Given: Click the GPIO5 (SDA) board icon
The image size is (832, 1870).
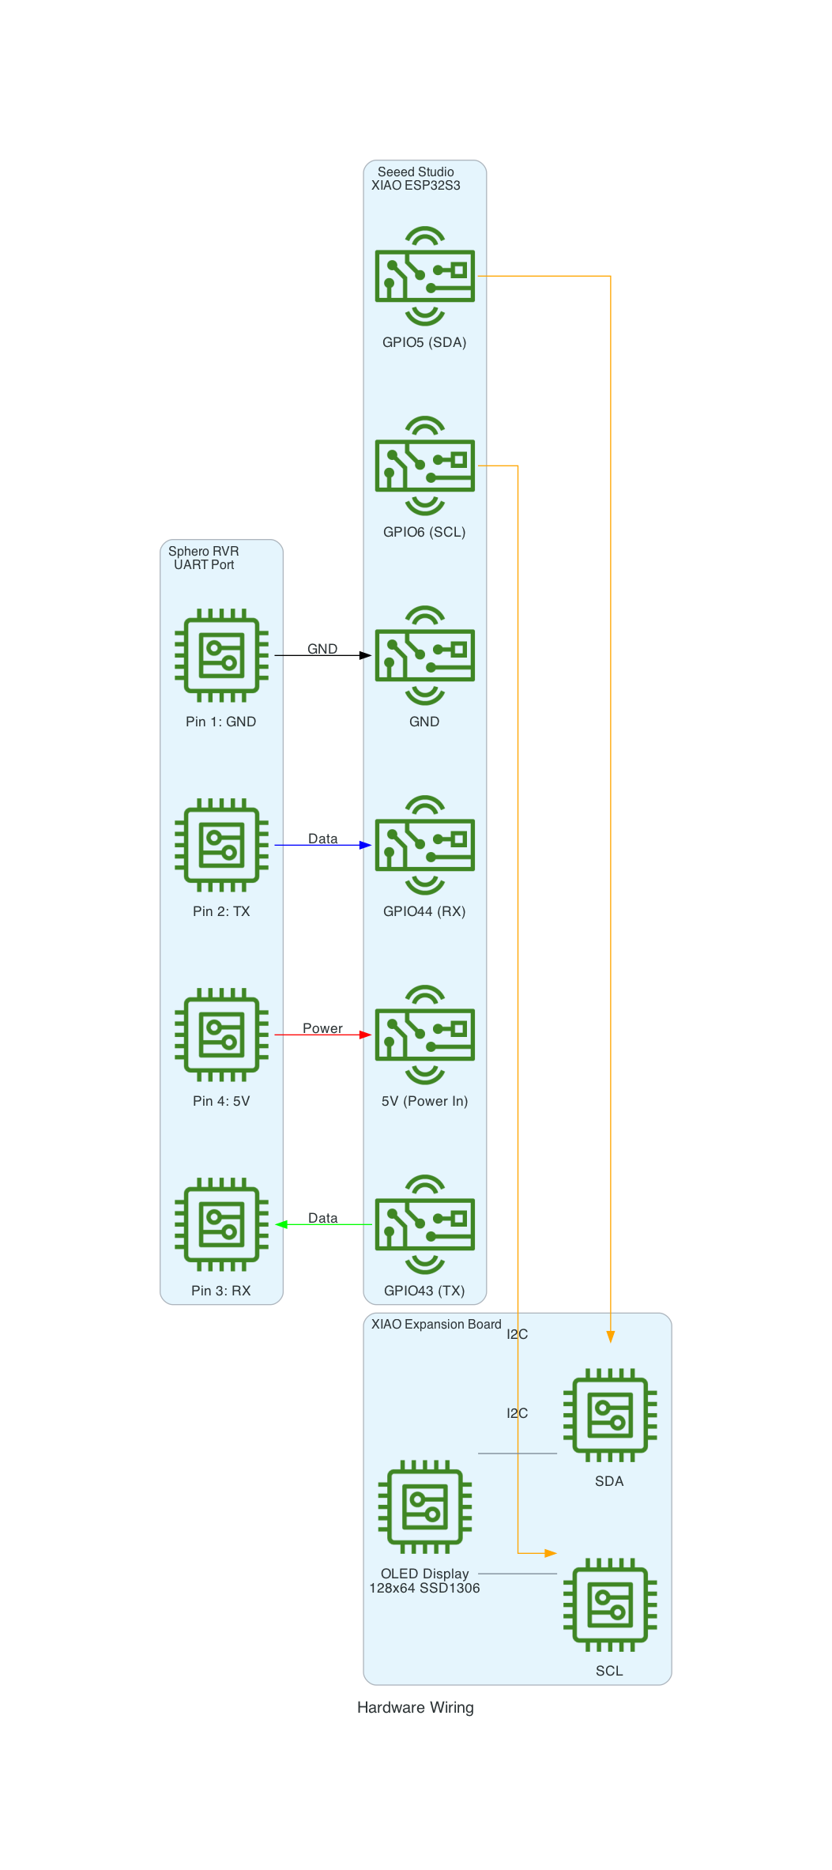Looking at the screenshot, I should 424,276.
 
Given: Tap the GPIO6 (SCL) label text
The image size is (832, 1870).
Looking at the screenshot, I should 424,532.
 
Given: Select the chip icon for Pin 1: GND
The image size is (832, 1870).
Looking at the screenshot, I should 221,655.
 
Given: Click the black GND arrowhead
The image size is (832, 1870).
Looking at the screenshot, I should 365,655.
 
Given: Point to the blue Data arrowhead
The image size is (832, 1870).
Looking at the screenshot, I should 365,845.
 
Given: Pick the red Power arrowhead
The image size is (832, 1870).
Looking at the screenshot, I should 365,1035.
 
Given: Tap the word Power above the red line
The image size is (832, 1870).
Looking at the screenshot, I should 322,1028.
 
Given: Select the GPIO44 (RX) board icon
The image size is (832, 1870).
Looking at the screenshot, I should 424,845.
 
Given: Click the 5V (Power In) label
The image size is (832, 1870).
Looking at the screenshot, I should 424,1101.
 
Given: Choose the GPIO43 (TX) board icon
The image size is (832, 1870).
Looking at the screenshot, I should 424,1224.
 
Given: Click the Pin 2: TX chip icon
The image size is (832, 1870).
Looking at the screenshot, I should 221,845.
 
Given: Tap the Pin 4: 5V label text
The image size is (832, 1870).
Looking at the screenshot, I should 221,1101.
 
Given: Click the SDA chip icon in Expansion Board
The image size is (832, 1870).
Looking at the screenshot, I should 610,1415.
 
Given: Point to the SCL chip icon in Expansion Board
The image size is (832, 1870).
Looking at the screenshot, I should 610,1604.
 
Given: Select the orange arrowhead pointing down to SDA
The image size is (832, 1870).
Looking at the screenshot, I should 611,1337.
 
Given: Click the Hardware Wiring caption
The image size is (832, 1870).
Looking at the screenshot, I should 416,1707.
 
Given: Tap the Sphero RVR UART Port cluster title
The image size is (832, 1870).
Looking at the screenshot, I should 204,558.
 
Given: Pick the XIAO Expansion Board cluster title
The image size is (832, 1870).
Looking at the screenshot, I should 436,1324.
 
